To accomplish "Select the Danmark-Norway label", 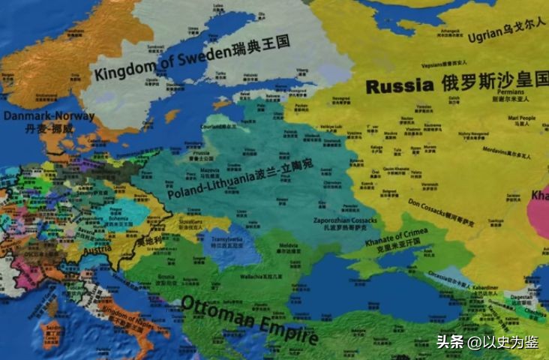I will click(49, 116).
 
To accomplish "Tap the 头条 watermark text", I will click(447, 342).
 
